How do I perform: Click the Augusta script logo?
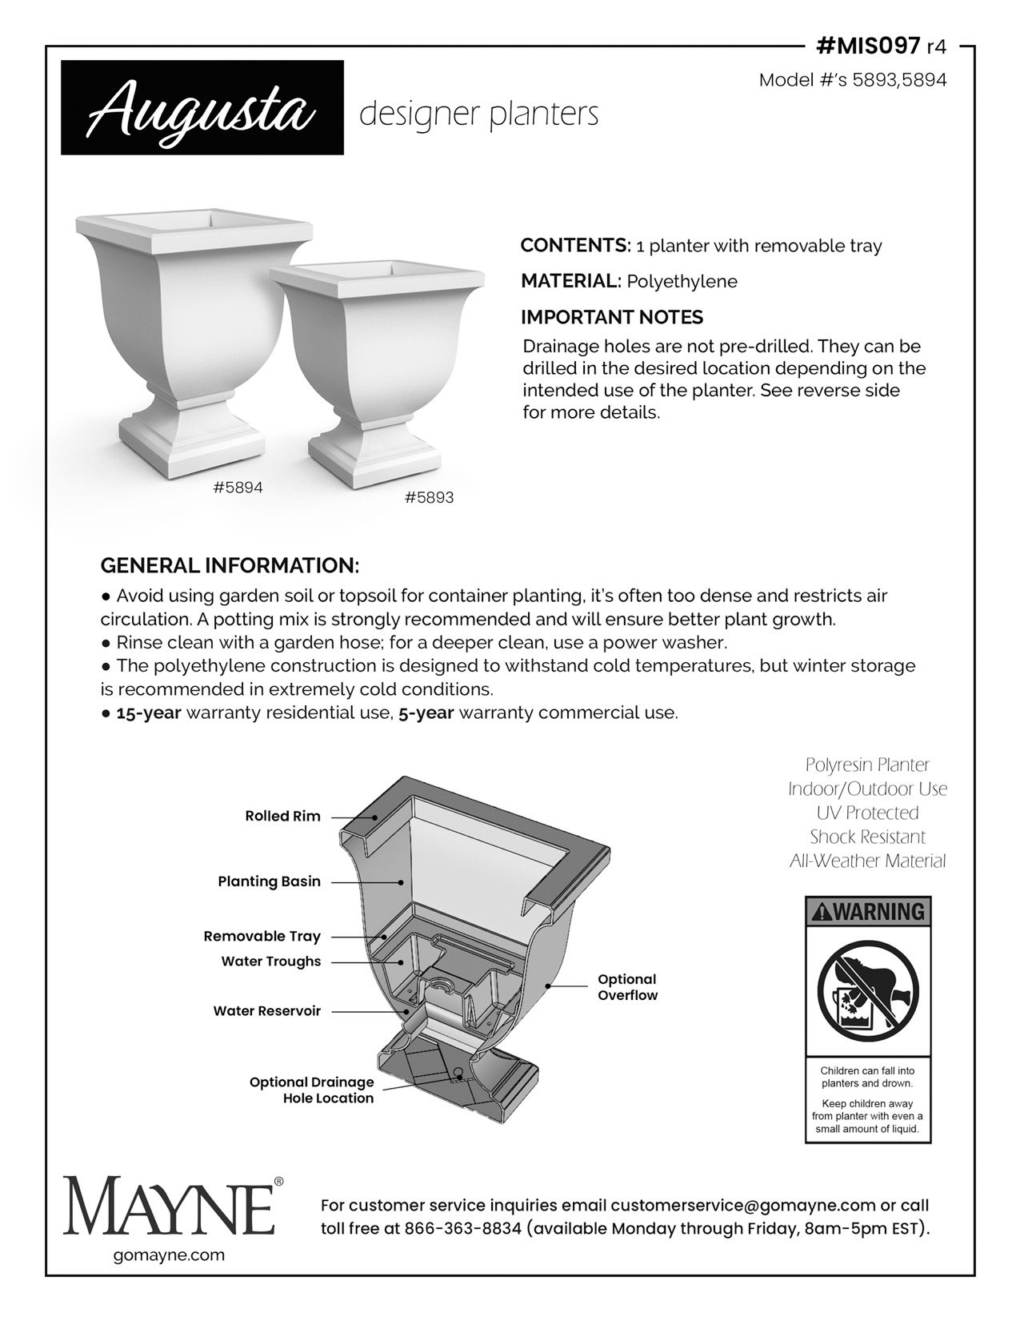click(202, 107)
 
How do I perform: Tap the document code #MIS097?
click(867, 46)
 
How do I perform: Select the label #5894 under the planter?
click(238, 487)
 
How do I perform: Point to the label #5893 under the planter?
click(429, 497)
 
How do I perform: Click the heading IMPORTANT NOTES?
click(611, 317)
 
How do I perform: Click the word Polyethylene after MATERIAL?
click(682, 282)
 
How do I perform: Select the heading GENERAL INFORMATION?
click(230, 565)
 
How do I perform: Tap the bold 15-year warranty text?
click(150, 713)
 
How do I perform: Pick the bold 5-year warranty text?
click(426, 713)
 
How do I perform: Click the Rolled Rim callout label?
click(282, 817)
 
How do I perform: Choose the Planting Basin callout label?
click(269, 881)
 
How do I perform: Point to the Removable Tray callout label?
click(262, 936)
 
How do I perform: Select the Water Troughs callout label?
click(270, 962)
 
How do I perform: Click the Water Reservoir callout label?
click(266, 1011)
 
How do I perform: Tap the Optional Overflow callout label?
click(627, 987)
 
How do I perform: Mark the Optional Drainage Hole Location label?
click(311, 1090)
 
